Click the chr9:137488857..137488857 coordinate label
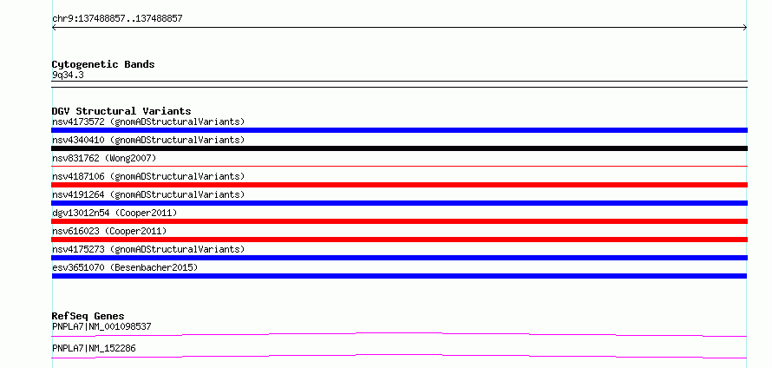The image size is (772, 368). [x=117, y=19]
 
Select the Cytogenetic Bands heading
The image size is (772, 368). [x=103, y=64]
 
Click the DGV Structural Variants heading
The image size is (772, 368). [x=121, y=111]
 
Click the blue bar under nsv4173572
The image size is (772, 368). [x=399, y=130]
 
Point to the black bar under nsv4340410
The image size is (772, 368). [x=399, y=148]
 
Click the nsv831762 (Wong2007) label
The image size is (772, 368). [x=104, y=158]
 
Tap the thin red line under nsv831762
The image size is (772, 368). [x=399, y=166]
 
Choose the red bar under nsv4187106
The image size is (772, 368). [x=399, y=185]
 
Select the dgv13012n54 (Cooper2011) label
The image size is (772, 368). [x=114, y=213]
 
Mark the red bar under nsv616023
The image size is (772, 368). [x=399, y=240]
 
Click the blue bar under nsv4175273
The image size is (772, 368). [x=399, y=258]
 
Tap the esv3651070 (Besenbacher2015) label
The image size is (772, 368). [x=125, y=267]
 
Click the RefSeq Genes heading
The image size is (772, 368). [x=88, y=316]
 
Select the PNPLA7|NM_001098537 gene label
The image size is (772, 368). [x=101, y=326]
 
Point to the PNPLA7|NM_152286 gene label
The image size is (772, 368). [x=94, y=349]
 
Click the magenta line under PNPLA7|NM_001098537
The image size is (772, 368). [x=399, y=333]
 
